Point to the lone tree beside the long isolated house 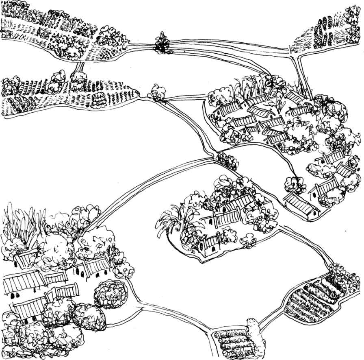pos(295,185)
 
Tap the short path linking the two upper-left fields pos(80,65)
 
